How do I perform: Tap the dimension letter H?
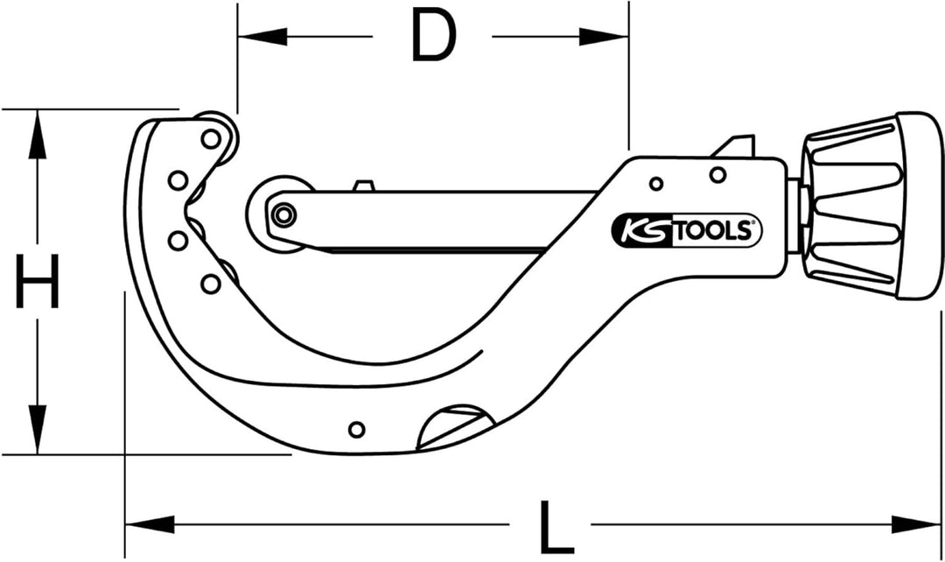pos(38,282)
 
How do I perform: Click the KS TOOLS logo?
pos(686,229)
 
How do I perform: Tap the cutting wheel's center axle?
pos(282,214)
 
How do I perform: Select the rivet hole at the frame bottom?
pos(356,429)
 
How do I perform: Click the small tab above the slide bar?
pos(364,185)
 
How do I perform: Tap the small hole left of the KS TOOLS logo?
pos(655,183)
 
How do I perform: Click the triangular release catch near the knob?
pos(738,145)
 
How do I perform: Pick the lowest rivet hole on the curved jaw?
pos(210,283)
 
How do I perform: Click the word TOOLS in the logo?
pos(710,230)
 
